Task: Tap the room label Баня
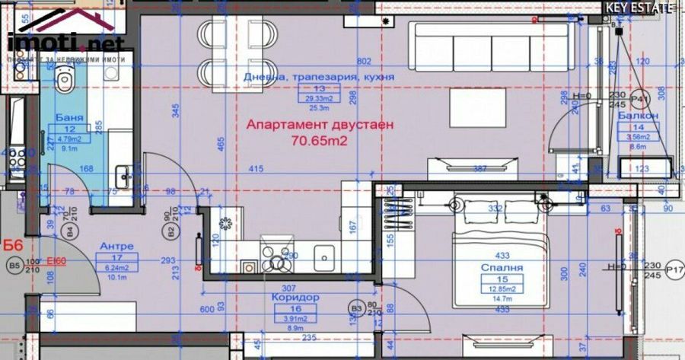coord(69,118)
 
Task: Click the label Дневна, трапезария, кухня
coord(319,78)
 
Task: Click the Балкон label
coord(638,116)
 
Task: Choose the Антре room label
coord(117,246)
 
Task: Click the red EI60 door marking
coord(56,260)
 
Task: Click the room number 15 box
coord(501,279)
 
